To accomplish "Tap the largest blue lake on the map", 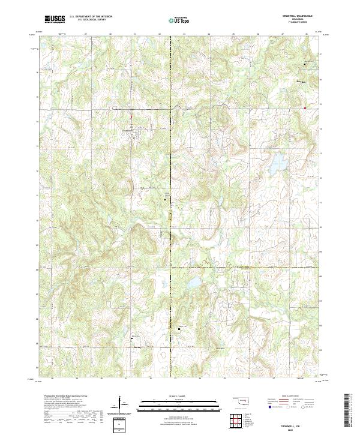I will point(277,163).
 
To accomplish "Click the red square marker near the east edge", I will point(305,108).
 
